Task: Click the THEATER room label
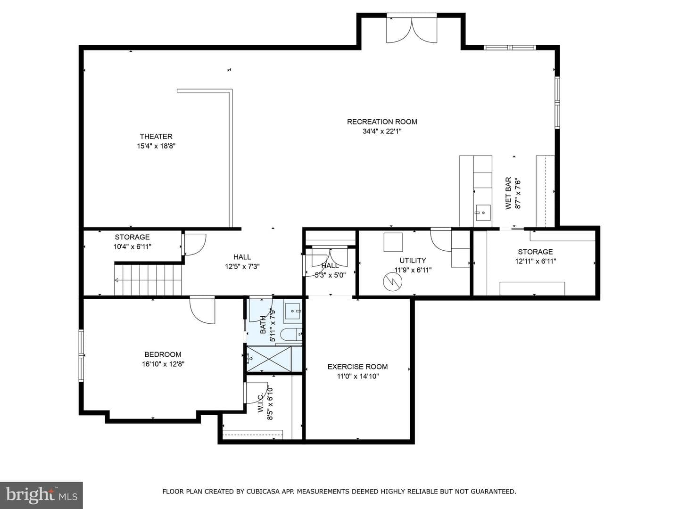click(156, 136)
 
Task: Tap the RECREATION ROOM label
click(382, 122)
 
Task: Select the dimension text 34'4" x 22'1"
click(382, 131)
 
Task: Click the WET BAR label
click(508, 193)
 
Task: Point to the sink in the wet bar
click(483, 213)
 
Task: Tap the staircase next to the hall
click(148, 279)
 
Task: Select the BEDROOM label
click(163, 354)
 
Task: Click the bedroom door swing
click(202, 310)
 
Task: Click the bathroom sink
click(293, 311)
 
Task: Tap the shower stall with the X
click(269, 359)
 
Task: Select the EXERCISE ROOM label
click(357, 367)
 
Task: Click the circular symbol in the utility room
click(392, 281)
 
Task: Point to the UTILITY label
click(413, 261)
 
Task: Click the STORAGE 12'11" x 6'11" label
click(536, 256)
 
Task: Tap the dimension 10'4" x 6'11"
click(132, 247)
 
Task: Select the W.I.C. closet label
click(261, 402)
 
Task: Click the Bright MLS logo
click(41, 495)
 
